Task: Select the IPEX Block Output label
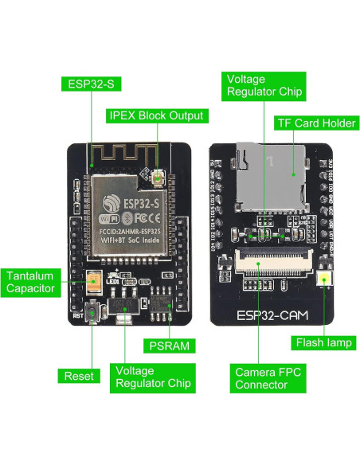pyautogui.click(x=156, y=115)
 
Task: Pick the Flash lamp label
pyautogui.click(x=324, y=343)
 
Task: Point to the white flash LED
pyautogui.click(x=325, y=279)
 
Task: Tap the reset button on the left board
pyautogui.click(x=93, y=313)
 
